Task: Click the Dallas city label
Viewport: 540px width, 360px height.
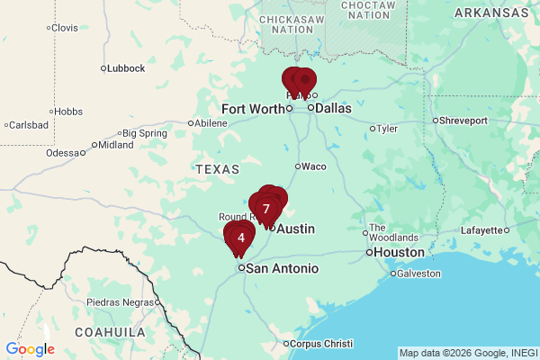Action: click(x=334, y=108)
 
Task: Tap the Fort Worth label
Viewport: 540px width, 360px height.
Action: click(x=252, y=108)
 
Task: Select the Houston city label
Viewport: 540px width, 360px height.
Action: click(x=399, y=252)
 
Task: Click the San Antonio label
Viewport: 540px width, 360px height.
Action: click(x=283, y=268)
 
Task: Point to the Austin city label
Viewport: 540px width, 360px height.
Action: click(x=295, y=229)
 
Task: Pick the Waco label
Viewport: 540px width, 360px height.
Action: click(x=313, y=166)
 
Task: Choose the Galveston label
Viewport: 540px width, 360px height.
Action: click(x=419, y=273)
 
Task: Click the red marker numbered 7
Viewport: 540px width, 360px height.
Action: click(x=266, y=209)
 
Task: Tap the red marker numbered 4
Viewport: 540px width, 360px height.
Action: click(x=240, y=238)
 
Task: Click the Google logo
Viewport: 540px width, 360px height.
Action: click(x=30, y=349)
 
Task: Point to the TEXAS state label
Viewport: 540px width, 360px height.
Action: click(x=217, y=169)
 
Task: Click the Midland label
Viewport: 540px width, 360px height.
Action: click(x=115, y=144)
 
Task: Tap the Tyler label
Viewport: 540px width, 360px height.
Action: click(x=386, y=128)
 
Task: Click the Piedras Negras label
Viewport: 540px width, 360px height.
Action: click(x=121, y=301)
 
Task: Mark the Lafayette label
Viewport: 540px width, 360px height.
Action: click(x=482, y=229)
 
